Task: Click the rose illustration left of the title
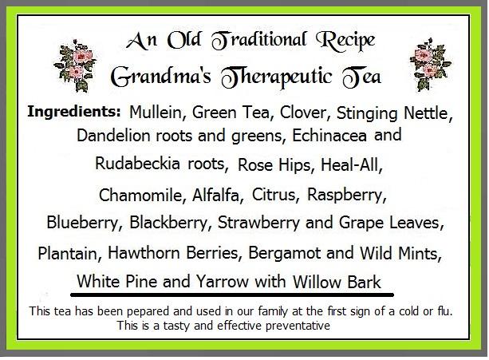point(75,65)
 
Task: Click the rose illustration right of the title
point(431,65)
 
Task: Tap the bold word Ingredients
point(74,112)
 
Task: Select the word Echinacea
point(329,136)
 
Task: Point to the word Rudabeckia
point(137,163)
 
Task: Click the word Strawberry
point(258,223)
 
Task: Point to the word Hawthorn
point(144,253)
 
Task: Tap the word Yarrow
point(223,282)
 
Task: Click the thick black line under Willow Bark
point(232,295)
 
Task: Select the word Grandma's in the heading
point(161,77)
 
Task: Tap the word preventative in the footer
point(298,326)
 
